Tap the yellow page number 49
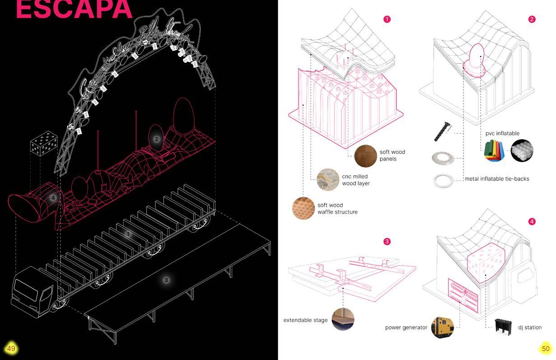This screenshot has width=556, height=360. pos(11,348)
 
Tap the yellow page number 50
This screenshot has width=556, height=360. pos(546,348)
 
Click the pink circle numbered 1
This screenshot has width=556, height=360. pos(386,19)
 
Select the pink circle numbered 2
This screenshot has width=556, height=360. pos(532,19)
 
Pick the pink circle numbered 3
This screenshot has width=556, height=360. pos(387,242)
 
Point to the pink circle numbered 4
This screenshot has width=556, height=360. pos(532,221)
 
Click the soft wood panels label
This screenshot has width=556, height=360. pos(392,155)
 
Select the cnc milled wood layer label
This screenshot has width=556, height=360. pos(356,180)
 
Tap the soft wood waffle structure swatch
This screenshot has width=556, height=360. pos(304,208)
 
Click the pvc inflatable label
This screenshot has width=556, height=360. pos(502,133)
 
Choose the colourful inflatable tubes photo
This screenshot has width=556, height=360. pos(495,151)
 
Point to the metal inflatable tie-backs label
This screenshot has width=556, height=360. pos(496,179)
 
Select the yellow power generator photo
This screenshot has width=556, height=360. pos(442,327)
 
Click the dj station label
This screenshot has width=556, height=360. pos(530,327)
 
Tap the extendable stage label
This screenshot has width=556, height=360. pos(306,320)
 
